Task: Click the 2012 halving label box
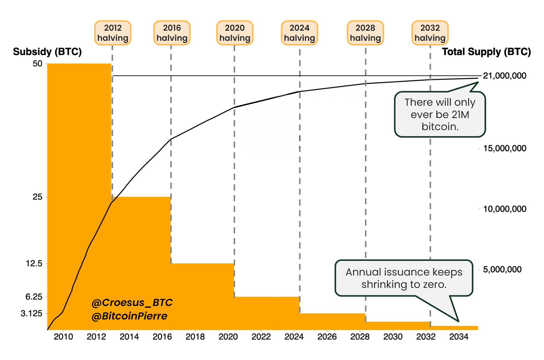[x=113, y=33]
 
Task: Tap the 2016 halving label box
[x=172, y=33]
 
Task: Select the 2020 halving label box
[x=235, y=33]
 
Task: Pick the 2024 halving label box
[x=299, y=33]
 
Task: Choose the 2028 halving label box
[x=365, y=33]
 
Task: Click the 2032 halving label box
[x=430, y=33]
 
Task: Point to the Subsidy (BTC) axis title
[x=47, y=52]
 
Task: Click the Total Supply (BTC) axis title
[x=486, y=52]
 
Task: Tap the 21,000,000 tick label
[x=504, y=76]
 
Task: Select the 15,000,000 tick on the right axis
[x=504, y=149]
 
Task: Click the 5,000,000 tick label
[x=502, y=269]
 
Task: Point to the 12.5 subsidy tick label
[x=34, y=263]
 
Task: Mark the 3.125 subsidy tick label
[x=31, y=313]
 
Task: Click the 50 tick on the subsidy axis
[x=37, y=64]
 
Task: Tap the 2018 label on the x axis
[x=195, y=337]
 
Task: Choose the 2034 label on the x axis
[x=458, y=337]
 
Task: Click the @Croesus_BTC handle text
[x=132, y=303]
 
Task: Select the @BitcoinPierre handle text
[x=129, y=316]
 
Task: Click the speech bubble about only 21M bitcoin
[x=440, y=114]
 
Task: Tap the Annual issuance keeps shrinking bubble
[x=404, y=278]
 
